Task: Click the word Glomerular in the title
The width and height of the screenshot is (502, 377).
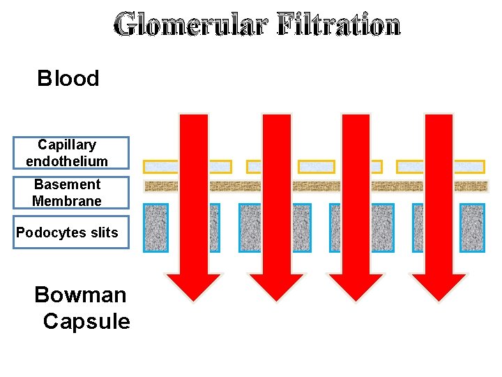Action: pos(192,26)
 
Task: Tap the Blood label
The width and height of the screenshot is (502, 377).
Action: pos(68,78)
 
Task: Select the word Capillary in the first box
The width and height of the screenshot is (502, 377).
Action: pos(67,145)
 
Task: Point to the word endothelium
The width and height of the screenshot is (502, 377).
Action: pos(67,161)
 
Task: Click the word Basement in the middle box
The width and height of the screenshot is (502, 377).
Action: pos(67,184)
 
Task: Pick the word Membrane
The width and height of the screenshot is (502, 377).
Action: pos(67,201)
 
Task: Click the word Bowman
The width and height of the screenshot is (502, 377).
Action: pos(80,295)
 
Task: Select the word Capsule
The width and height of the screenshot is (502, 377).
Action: pos(86,321)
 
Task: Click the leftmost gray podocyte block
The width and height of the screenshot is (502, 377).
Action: pos(155,228)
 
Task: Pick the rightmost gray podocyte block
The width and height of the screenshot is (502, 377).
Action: pos(472,228)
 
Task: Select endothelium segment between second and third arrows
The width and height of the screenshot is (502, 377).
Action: pos(316,167)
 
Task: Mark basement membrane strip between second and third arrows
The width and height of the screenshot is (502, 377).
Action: pos(316,186)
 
